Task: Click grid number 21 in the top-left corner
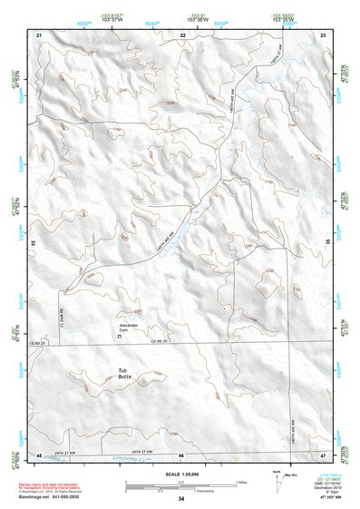click(39, 34)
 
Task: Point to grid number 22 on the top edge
click(182, 34)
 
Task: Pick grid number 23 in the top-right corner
click(324, 34)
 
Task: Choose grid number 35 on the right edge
click(327, 243)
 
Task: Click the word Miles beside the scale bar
click(241, 482)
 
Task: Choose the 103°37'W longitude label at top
click(111, 17)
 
